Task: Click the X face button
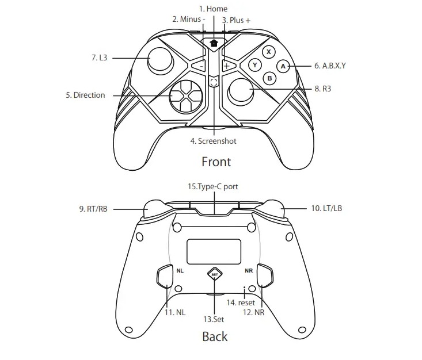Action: click(269, 52)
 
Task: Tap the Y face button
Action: click(255, 65)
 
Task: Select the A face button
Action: click(283, 66)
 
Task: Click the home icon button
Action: click(214, 43)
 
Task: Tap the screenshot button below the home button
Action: click(214, 82)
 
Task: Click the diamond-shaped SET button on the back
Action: click(215, 274)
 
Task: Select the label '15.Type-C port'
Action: click(212, 186)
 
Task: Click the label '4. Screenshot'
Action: click(213, 141)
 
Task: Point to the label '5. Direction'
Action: click(85, 95)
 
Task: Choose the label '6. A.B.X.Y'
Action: click(330, 66)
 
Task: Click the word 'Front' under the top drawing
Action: click(216, 162)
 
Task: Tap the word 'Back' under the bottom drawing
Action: click(215, 336)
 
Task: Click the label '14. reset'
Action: click(241, 302)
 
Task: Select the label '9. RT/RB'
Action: click(93, 209)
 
